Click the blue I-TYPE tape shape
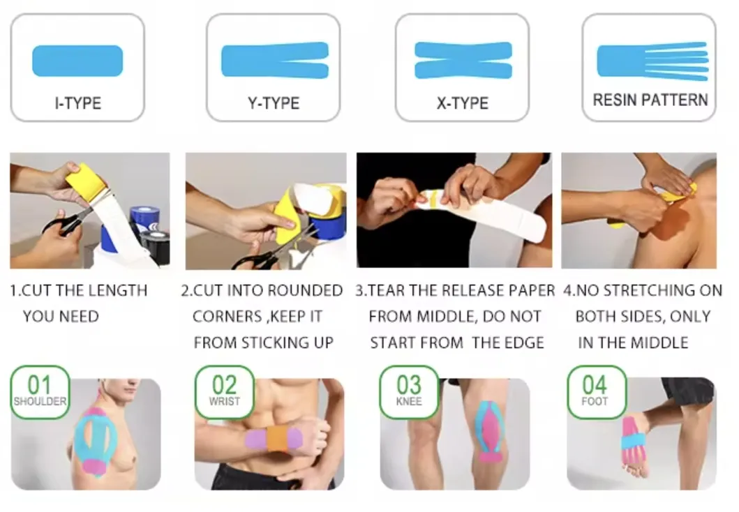77,61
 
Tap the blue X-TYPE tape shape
463,61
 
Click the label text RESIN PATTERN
650,100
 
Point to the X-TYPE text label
462,103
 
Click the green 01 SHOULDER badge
40,391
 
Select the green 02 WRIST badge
224,391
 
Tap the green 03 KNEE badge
409,391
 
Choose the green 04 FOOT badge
595,391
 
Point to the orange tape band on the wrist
277,439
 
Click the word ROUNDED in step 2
308,290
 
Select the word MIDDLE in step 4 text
659,342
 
